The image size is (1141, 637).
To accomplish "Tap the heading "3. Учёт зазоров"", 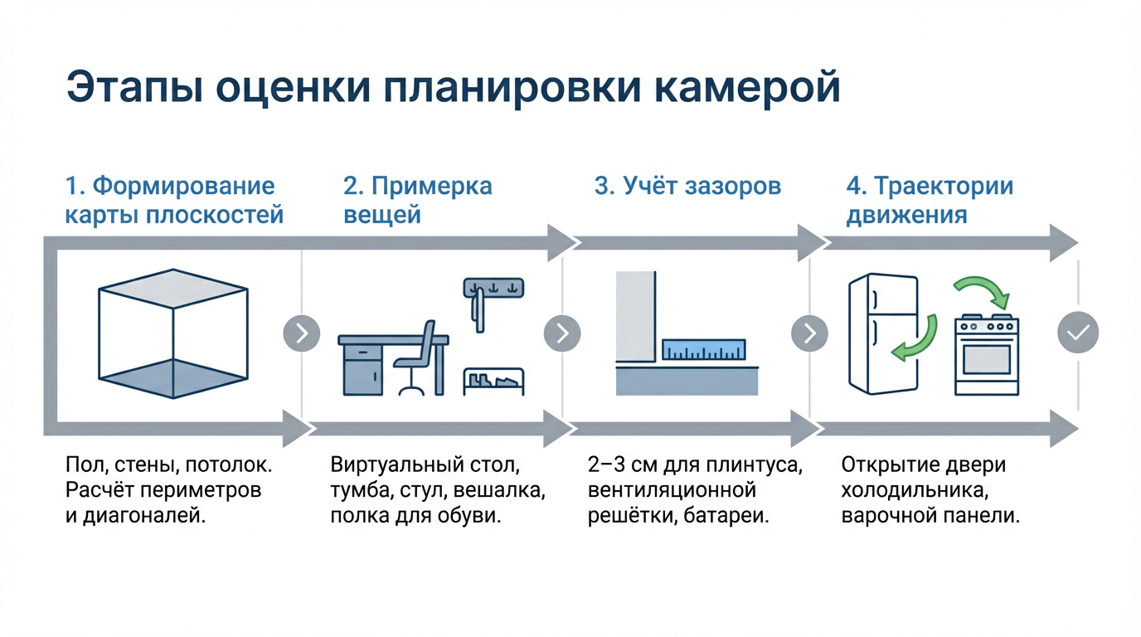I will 687,186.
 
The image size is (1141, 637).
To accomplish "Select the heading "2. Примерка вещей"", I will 417,200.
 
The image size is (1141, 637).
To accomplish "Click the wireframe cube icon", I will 172,333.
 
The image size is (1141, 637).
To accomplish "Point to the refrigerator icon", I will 883,333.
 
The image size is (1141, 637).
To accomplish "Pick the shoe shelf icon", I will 493,381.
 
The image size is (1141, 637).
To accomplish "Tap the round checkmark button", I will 1078,333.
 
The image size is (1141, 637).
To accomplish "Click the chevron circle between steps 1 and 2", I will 302,333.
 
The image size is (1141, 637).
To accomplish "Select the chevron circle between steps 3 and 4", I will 809,333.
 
